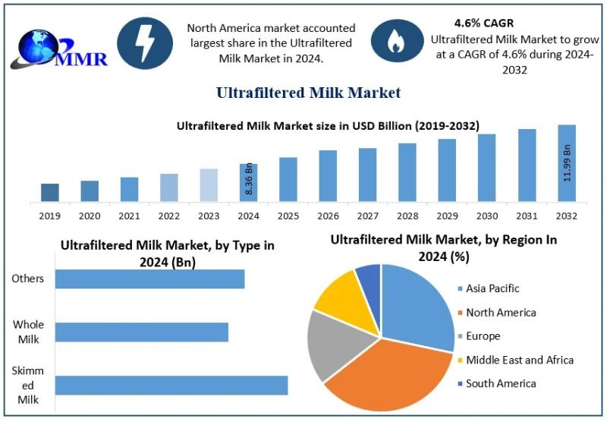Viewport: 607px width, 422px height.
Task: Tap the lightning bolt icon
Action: (145, 43)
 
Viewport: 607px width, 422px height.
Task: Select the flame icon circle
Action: (395, 43)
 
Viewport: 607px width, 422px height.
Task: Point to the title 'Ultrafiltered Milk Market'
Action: (308, 93)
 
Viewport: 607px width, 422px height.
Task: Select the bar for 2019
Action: (50, 193)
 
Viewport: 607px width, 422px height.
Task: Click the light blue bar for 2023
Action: (209, 185)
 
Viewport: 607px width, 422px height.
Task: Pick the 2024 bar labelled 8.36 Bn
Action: (248, 183)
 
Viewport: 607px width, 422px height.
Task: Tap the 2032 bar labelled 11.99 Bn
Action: (567, 163)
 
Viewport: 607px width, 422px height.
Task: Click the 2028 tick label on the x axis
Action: (407, 216)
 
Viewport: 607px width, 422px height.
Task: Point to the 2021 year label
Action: (129, 216)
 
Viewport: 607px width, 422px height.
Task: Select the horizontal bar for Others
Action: (149, 279)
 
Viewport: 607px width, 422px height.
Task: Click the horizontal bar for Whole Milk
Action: (141, 332)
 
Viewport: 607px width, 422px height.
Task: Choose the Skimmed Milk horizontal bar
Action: (171, 385)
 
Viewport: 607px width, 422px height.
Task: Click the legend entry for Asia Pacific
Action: (493, 288)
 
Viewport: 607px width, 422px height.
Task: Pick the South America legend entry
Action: (501, 383)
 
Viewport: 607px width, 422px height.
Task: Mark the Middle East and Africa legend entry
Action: (520, 360)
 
